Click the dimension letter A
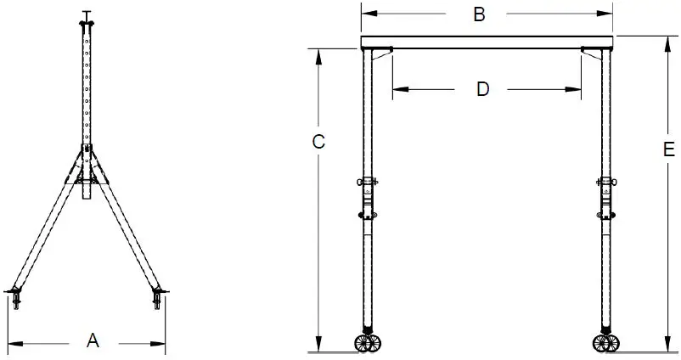[93, 341]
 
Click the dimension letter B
[479, 14]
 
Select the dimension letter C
[318, 142]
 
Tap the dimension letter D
[482, 89]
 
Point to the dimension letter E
[668, 150]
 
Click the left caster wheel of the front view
[367, 342]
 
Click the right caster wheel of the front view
[605, 342]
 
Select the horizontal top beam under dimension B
[487, 42]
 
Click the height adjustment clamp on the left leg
[368, 183]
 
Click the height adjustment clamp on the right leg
[606, 183]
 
